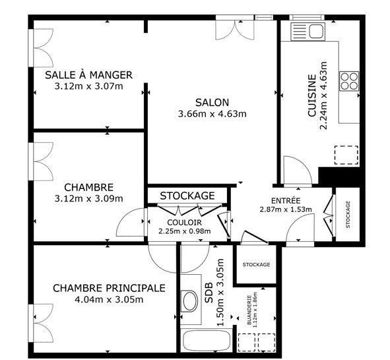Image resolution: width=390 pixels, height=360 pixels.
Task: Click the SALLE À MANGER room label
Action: coord(88,75)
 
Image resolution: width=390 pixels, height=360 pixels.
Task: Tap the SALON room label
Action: coord(212,102)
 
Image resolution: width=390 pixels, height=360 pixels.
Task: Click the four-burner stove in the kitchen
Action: coord(349,81)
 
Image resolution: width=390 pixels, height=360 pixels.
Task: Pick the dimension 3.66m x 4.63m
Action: coord(212,114)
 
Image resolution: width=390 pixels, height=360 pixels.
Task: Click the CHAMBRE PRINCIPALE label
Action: coord(108,288)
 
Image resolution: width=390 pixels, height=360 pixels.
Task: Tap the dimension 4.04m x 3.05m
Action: coord(108,299)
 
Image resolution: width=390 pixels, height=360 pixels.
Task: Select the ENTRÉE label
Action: coord(286,200)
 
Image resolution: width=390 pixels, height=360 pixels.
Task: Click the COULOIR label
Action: coord(184,223)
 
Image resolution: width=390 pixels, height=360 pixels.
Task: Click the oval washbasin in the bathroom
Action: coord(189,302)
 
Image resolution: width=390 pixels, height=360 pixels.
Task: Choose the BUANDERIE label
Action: coord(249,310)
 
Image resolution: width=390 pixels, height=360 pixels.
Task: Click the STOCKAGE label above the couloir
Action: coord(187,196)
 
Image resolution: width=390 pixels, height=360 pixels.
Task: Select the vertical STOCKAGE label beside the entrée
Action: coord(348,215)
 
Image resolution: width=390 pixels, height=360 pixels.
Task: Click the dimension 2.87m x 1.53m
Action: coord(286,210)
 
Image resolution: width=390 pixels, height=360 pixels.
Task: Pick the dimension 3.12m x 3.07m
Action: coord(88,86)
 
